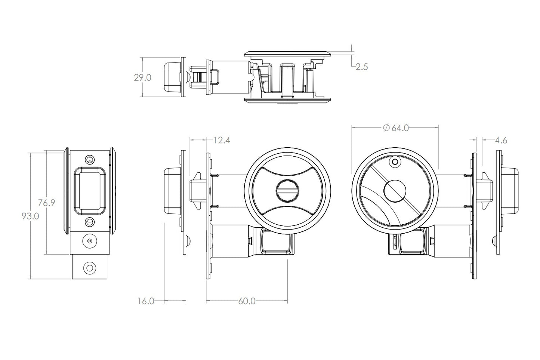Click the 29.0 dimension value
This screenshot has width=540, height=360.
(142, 78)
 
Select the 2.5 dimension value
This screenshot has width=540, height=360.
(362, 67)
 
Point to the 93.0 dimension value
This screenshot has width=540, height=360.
(30, 216)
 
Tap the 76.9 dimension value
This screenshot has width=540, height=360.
(47, 203)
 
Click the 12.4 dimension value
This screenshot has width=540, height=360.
(222, 140)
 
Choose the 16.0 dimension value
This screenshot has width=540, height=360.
(146, 301)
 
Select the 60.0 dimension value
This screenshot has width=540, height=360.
(247, 301)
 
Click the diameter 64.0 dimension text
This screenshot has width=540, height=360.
(396, 128)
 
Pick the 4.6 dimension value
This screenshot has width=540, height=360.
(501, 140)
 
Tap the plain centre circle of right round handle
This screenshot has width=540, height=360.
(395, 191)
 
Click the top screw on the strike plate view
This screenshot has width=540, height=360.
(90, 159)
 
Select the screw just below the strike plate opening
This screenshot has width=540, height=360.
(90, 222)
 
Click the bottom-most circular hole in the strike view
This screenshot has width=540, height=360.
(90, 268)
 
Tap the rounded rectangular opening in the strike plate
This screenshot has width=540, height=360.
(90, 191)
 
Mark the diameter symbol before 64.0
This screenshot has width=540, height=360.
(386, 128)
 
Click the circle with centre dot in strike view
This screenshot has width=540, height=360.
(90, 241)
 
